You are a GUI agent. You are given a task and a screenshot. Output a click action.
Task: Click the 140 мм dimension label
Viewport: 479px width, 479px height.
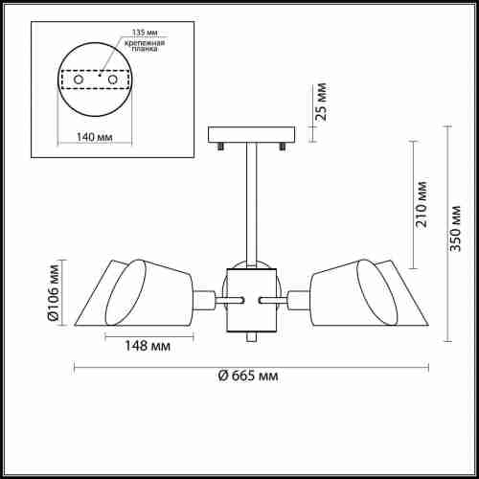click(95, 137)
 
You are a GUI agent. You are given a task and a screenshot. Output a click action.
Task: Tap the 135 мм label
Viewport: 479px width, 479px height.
click(145, 33)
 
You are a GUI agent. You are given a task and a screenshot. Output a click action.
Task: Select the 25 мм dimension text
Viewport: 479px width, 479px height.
click(321, 102)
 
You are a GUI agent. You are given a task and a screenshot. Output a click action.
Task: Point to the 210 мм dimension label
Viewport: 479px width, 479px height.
click(421, 204)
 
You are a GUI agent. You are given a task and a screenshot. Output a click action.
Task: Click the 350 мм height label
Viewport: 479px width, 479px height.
click(455, 228)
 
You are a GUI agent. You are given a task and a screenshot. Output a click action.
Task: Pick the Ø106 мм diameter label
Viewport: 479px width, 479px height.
click(53, 292)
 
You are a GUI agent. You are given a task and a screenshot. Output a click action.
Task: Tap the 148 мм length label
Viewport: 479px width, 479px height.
click(148, 346)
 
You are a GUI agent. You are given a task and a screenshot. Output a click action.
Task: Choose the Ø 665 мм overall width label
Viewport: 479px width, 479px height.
click(248, 376)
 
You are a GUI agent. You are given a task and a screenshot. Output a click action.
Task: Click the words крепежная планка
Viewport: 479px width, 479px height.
click(145, 46)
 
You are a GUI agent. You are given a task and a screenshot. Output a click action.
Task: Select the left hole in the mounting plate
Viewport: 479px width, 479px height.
click(79, 80)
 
